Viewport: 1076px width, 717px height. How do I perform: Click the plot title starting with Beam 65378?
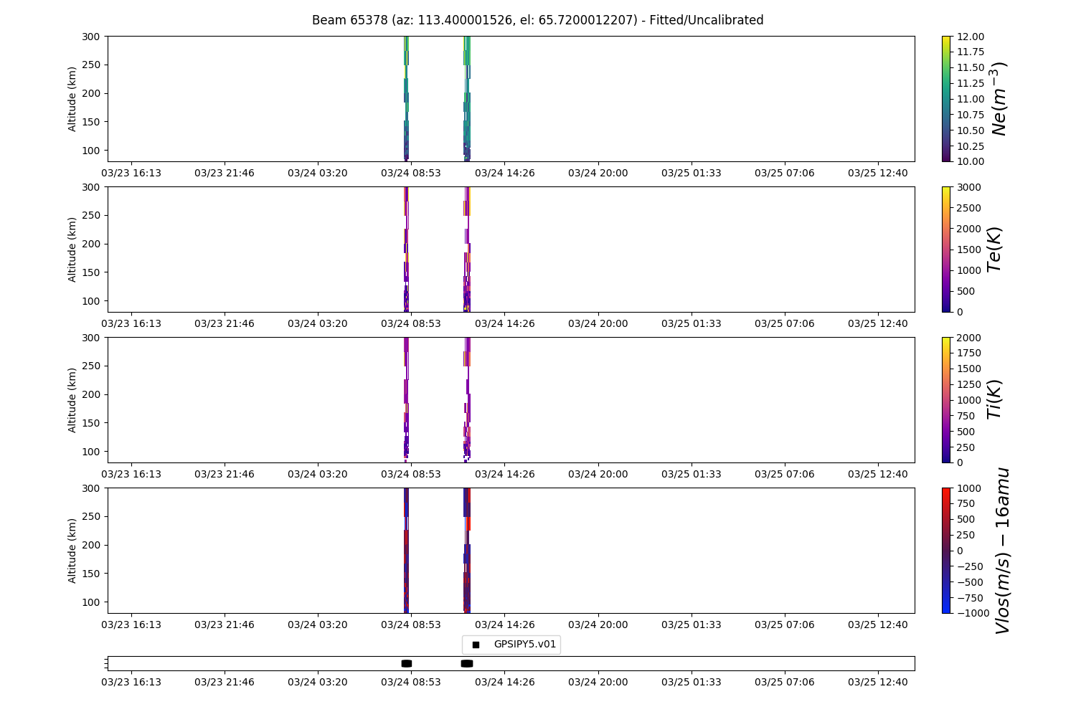coord(537,20)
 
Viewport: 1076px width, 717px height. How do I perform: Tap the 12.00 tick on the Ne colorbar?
coord(971,37)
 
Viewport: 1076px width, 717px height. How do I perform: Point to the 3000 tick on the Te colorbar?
coord(969,187)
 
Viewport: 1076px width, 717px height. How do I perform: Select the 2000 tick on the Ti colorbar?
coord(969,338)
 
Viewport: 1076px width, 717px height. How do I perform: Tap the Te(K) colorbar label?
coord(994,250)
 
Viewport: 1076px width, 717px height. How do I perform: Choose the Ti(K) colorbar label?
coord(994,399)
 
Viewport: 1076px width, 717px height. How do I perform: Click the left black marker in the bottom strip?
coord(407,664)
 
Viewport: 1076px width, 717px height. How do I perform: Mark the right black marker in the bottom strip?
coord(467,664)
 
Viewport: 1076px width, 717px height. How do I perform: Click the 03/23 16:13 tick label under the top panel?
coord(131,174)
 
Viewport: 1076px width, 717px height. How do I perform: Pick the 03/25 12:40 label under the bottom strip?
coord(878,683)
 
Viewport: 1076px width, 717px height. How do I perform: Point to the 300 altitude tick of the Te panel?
coord(91,187)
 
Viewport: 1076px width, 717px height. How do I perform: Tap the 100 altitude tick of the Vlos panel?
coord(91,602)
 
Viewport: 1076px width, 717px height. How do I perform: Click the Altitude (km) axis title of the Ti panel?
coord(72,400)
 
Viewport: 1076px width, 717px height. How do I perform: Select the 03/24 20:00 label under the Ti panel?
coord(598,475)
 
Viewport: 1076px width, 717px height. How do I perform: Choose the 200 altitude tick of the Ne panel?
coord(91,94)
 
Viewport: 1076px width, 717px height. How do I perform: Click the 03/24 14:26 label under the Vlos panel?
coord(505,625)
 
